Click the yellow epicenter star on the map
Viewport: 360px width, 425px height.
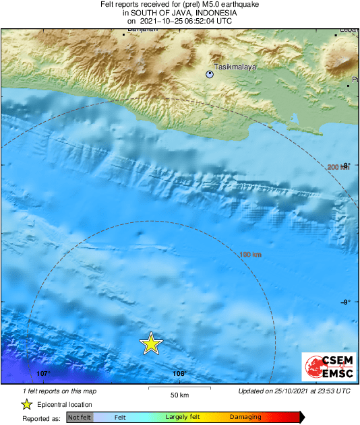(151, 344)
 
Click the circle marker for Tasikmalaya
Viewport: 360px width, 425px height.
(210, 75)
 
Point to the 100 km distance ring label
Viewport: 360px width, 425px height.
(250, 255)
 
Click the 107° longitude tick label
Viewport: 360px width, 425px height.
(43, 373)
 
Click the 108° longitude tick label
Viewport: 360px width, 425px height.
(179, 373)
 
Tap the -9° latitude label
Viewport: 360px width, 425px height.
(347, 302)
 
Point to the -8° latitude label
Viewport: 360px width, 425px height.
(347, 165)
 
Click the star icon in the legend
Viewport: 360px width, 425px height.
(26, 404)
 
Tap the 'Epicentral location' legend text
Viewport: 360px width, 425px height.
(65, 404)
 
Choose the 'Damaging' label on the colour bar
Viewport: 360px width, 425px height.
(246, 418)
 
